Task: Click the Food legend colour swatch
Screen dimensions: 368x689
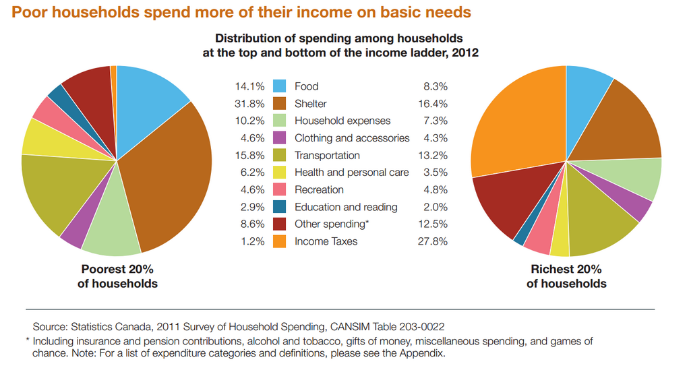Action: pos(280,86)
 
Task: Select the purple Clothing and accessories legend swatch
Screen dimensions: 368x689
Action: pos(280,137)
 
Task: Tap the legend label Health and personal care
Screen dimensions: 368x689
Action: pos(351,173)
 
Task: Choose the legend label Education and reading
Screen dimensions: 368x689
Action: pos(346,207)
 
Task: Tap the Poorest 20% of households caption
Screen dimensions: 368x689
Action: pos(117,276)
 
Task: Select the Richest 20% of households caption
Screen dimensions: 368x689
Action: pos(566,276)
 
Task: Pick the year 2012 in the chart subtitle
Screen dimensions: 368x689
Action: pos(465,52)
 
